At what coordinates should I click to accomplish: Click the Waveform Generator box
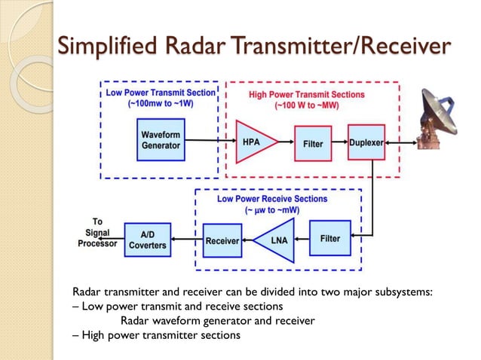[161, 139]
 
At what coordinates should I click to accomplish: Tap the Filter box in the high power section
[313, 143]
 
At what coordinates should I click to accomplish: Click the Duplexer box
[366, 142]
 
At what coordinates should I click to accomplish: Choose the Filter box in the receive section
[329, 238]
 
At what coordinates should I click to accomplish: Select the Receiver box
[222, 241]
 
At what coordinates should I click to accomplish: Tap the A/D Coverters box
[148, 240]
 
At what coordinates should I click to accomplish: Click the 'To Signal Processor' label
[97, 233]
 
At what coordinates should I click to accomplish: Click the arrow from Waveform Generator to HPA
[210, 140]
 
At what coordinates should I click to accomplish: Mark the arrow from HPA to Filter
[285, 142]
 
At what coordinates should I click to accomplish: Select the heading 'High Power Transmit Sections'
[306, 95]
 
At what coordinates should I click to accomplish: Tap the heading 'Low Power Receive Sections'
[272, 199]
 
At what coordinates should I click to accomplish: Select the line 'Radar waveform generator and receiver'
[217, 320]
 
